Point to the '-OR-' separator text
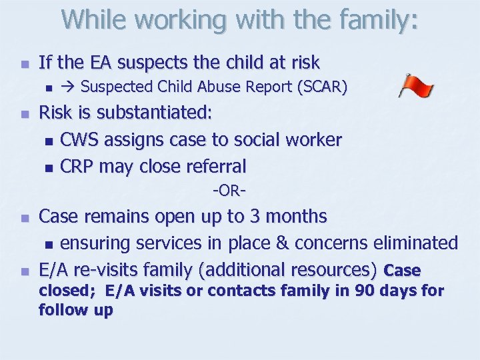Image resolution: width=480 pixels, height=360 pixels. click(x=230, y=192)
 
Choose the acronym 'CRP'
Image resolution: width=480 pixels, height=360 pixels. click(x=78, y=166)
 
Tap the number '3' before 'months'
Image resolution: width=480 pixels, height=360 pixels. click(x=274, y=217)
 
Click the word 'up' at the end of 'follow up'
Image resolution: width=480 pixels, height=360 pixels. click(x=101, y=310)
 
